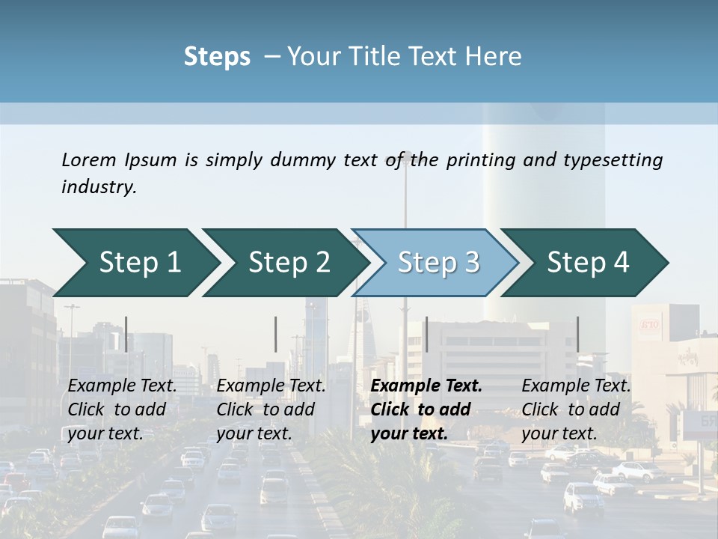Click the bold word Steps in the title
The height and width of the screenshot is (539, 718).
217,57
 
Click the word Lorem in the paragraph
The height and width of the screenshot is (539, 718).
89,159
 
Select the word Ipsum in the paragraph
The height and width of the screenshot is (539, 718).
151,159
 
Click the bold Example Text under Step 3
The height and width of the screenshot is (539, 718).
426,386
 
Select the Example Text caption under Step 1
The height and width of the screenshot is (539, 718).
123,386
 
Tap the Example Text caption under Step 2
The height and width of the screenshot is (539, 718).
271,386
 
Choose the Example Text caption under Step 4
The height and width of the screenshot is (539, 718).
577,386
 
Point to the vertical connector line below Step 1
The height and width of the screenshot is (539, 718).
126,334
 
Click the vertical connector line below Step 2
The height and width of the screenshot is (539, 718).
276,334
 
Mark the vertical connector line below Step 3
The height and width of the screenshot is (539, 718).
426,334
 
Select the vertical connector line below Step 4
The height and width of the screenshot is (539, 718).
577,334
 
